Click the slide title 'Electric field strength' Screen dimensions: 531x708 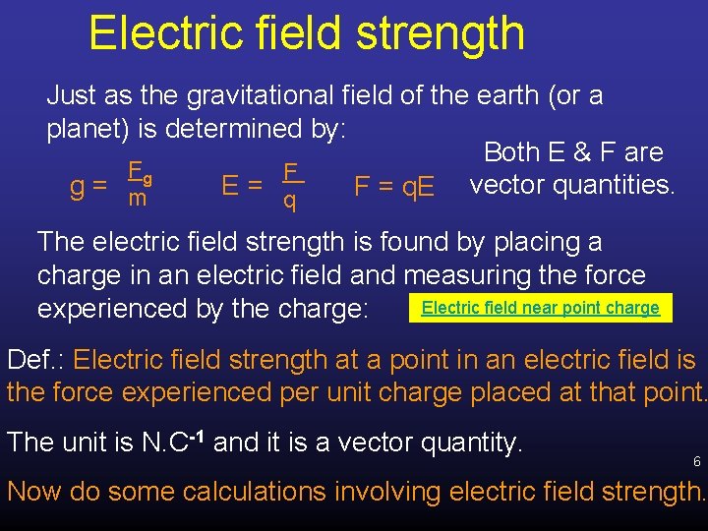306,32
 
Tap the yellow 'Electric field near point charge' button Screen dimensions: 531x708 540,308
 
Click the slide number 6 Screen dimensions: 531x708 696,462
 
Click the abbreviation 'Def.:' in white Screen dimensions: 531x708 36,359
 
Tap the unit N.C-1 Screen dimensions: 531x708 171,442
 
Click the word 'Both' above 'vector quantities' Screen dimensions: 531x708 511,152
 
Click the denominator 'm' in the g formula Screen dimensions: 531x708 138,200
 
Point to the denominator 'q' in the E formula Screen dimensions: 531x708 289,202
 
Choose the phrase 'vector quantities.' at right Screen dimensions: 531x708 572,185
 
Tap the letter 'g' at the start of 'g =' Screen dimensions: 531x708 75,187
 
